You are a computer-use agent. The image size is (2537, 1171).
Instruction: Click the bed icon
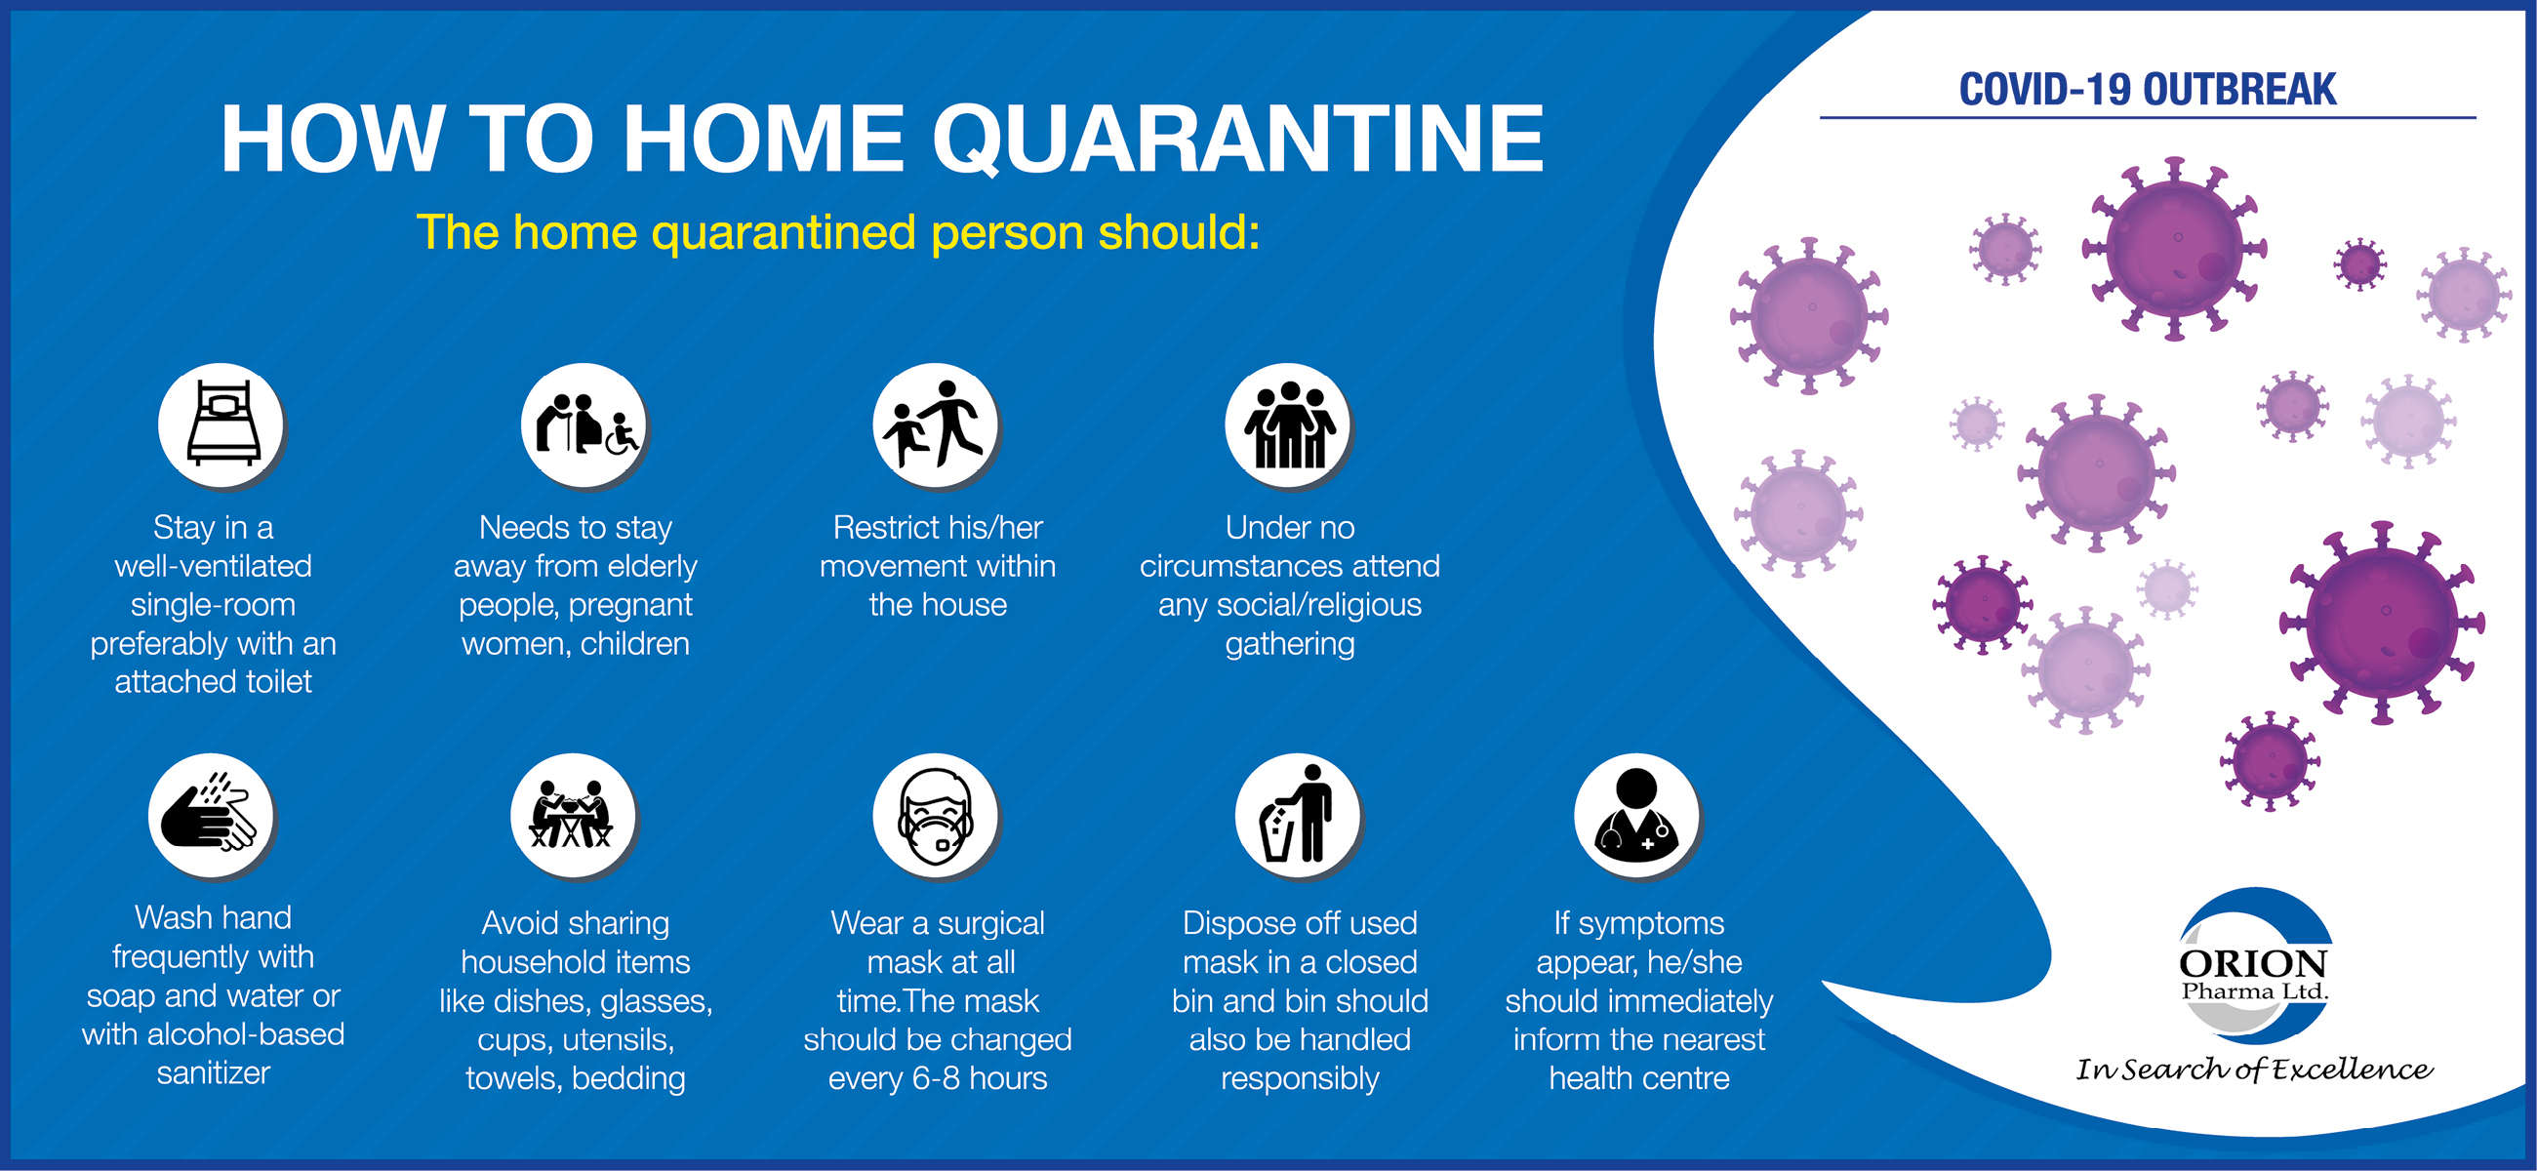pyautogui.click(x=221, y=424)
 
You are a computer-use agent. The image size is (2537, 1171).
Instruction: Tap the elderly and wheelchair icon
pyautogui.click(x=584, y=424)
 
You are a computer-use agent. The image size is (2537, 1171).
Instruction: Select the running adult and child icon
pyautogui.click(x=936, y=424)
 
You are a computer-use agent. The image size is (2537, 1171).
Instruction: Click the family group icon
pyautogui.click(x=1288, y=424)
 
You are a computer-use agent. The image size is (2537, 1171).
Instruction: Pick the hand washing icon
pyautogui.click(x=212, y=816)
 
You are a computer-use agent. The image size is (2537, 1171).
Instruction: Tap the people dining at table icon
pyautogui.click(x=574, y=816)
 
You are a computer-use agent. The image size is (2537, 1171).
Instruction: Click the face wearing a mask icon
pyautogui.click(x=936, y=816)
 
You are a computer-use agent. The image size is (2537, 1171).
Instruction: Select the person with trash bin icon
pyautogui.click(x=1298, y=816)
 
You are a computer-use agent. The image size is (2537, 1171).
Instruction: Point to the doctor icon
pyautogui.click(x=1636, y=816)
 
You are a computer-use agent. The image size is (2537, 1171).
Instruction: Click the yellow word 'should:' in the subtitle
pyautogui.click(x=1179, y=232)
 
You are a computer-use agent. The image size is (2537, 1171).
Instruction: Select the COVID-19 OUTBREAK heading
pyautogui.click(x=2147, y=90)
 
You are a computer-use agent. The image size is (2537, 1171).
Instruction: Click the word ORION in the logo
pyautogui.click(x=2253, y=963)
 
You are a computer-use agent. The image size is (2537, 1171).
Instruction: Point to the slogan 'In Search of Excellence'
pyautogui.click(x=2253, y=1070)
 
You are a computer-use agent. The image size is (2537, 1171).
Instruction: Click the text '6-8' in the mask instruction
pyautogui.click(x=937, y=1078)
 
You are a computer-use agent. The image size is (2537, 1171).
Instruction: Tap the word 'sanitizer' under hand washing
pyautogui.click(x=213, y=1072)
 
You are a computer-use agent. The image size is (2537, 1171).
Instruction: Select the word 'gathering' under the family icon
pyautogui.click(x=1289, y=644)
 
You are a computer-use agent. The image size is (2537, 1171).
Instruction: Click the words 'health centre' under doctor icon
pyautogui.click(x=1639, y=1078)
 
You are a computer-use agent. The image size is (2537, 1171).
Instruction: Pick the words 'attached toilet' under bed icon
pyautogui.click(x=213, y=681)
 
